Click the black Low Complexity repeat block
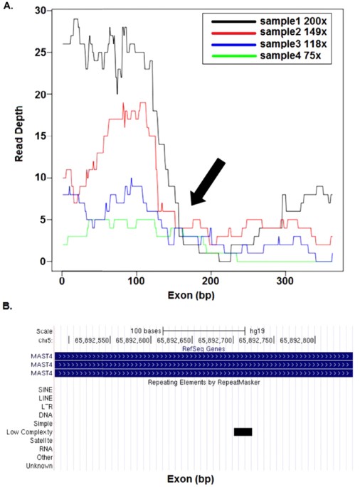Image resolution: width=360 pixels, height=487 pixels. (x=243, y=432)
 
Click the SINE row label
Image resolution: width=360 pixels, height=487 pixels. (x=45, y=389)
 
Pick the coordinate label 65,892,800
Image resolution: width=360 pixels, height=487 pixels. (x=300, y=341)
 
